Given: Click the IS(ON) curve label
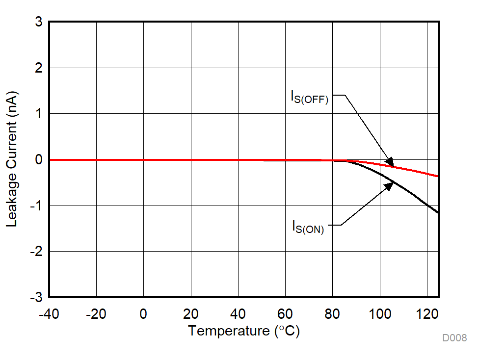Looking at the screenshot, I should [308, 227].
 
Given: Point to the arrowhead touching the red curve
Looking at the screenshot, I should [390, 162].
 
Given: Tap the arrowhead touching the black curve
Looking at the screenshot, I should [389, 186].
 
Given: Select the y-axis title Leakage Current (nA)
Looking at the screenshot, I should [12, 159].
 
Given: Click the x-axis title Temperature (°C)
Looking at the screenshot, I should [243, 331].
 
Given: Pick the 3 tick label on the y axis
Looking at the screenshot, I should [38, 22].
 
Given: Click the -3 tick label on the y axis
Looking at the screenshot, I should [36, 297].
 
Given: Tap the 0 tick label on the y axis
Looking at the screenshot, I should [38, 160].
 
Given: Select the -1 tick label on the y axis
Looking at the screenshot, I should [36, 206].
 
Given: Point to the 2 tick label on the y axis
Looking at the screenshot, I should [38, 68].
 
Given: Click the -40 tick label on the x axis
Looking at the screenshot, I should [49, 314].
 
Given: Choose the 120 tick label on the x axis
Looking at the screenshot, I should [427, 314].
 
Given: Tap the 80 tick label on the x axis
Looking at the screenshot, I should [332, 314].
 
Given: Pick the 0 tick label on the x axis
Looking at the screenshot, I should [143, 314].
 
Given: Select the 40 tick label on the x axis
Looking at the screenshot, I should [238, 314].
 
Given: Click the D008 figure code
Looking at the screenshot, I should [454, 338].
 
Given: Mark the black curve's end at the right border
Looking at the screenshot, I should [437, 212].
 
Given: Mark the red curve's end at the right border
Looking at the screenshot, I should [437, 176].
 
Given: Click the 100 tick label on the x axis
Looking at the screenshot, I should [379, 314].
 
